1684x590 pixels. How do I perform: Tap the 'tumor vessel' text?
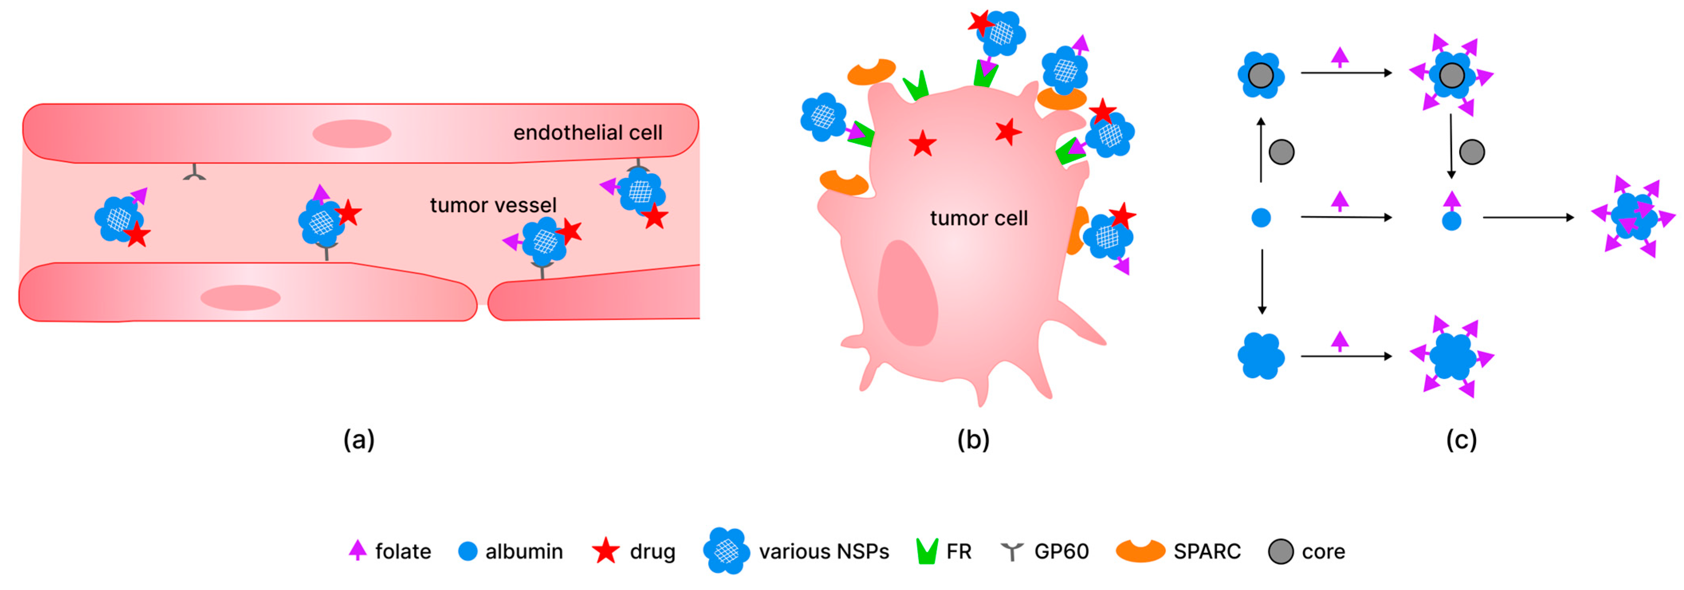coord(493,205)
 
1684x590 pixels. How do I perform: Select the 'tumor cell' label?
coord(979,218)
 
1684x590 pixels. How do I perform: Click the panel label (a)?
coord(359,440)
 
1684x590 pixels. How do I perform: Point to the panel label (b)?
coord(973,440)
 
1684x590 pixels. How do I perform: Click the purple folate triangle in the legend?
coord(357,550)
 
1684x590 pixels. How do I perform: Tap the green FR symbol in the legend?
coord(927,551)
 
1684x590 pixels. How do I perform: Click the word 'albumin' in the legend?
coord(524,551)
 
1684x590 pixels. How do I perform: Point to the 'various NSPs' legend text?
coord(824,551)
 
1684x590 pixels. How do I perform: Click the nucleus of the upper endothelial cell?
coord(352,133)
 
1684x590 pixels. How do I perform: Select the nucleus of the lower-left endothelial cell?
coord(240,298)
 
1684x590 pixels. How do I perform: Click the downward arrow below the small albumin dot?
coord(1262,281)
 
